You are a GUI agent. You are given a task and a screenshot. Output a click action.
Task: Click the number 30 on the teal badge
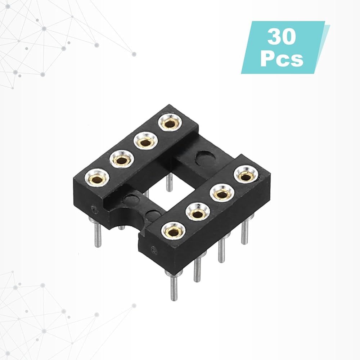point(282,37)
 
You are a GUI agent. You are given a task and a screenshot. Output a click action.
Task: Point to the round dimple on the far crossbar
point(206,158)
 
